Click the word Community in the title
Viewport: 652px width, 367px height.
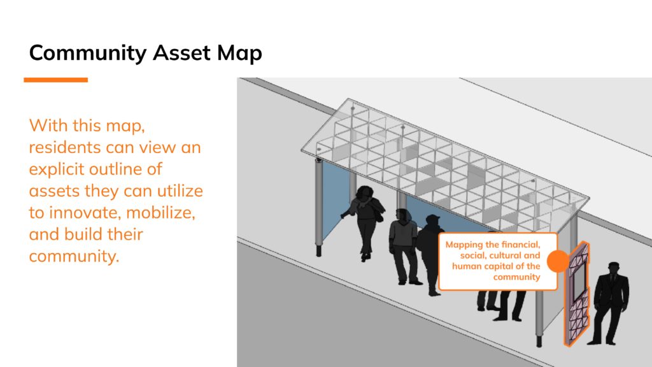click(88, 54)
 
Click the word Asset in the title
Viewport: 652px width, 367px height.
click(181, 53)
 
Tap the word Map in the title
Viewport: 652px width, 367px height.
click(239, 54)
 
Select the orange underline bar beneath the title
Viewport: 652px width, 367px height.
click(56, 80)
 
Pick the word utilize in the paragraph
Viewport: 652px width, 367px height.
click(180, 191)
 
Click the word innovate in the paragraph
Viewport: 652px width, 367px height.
click(85, 213)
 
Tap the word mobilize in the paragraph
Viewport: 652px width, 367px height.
click(160, 213)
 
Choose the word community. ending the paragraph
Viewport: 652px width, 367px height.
click(74, 256)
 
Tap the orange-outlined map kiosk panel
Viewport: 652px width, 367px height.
click(577, 294)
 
